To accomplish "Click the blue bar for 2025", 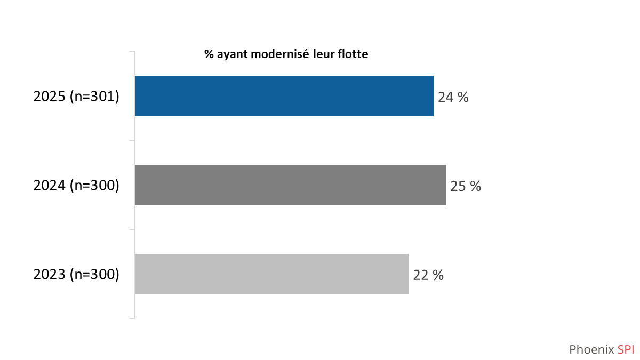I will [284, 96].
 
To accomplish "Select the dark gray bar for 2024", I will [290, 185].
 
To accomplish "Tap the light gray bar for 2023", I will [271, 274].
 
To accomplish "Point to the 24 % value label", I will [453, 98].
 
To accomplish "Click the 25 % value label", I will [466, 187].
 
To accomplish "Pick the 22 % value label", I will [428, 276].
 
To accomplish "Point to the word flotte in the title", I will [351, 54].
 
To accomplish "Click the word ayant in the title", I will [229, 55].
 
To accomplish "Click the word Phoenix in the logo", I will [591, 349].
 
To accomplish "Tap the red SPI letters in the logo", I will [626, 349].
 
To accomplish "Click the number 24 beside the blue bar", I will [446, 98].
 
